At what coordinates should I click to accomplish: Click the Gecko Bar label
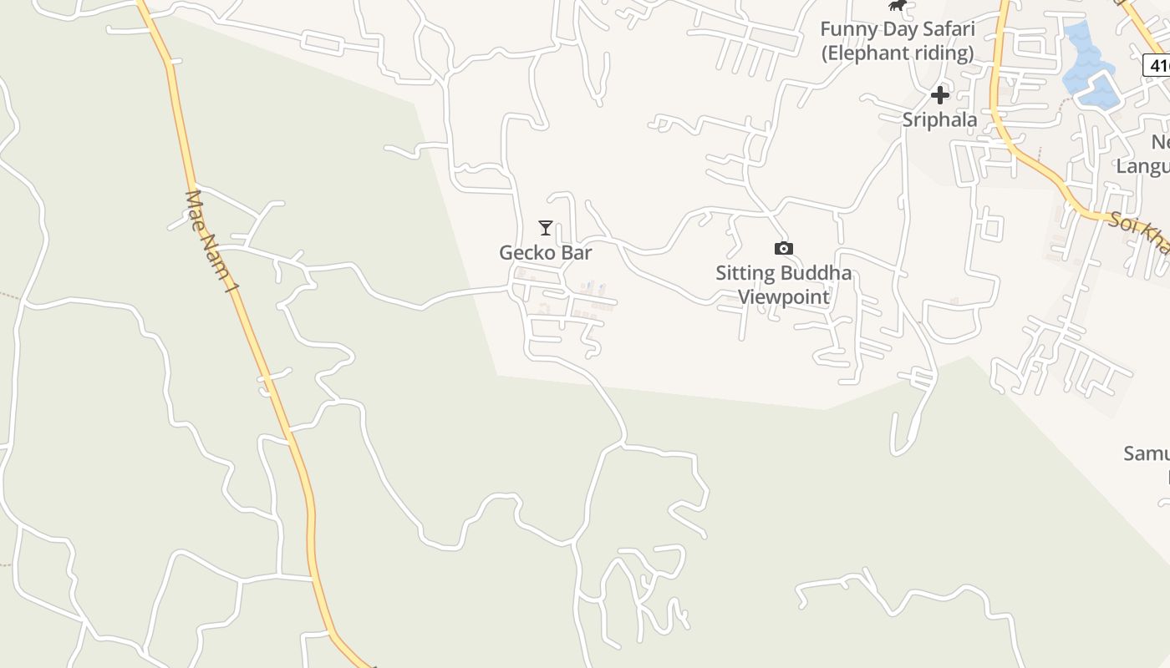pyautogui.click(x=546, y=252)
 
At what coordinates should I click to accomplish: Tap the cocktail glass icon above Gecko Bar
pyautogui.click(x=546, y=227)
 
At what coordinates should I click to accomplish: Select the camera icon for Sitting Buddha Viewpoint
pyautogui.click(x=783, y=248)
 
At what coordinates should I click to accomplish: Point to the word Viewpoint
pyautogui.click(x=784, y=296)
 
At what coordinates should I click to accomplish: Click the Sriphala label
pyautogui.click(x=939, y=119)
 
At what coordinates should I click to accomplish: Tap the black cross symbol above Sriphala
pyautogui.click(x=940, y=95)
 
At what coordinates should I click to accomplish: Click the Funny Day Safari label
pyautogui.click(x=897, y=29)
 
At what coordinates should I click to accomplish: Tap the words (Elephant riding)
pyautogui.click(x=897, y=53)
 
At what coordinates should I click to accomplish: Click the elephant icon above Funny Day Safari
pyautogui.click(x=898, y=6)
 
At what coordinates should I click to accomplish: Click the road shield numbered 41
pyautogui.click(x=1157, y=65)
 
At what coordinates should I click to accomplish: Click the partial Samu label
pyautogui.click(x=1146, y=453)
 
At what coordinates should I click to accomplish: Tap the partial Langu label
pyautogui.click(x=1142, y=165)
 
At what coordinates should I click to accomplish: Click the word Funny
pyautogui.click(x=847, y=29)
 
